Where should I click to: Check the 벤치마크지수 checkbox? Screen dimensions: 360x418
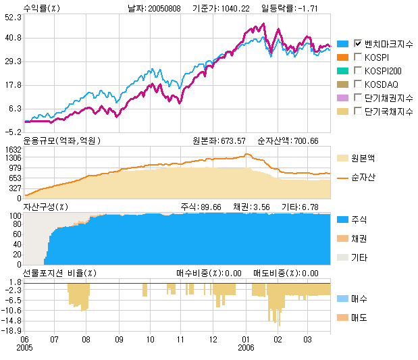358,43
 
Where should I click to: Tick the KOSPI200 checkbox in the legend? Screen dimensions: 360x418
358,70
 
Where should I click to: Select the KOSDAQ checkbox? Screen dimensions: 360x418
358,84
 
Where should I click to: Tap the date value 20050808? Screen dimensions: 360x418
164,9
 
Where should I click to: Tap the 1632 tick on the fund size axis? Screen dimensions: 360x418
13,149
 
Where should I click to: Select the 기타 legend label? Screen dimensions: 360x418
359,257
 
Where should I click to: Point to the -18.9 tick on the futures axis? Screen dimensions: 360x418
13,330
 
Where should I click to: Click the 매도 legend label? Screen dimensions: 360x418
359,317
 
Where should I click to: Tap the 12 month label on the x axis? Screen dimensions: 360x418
213,339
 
